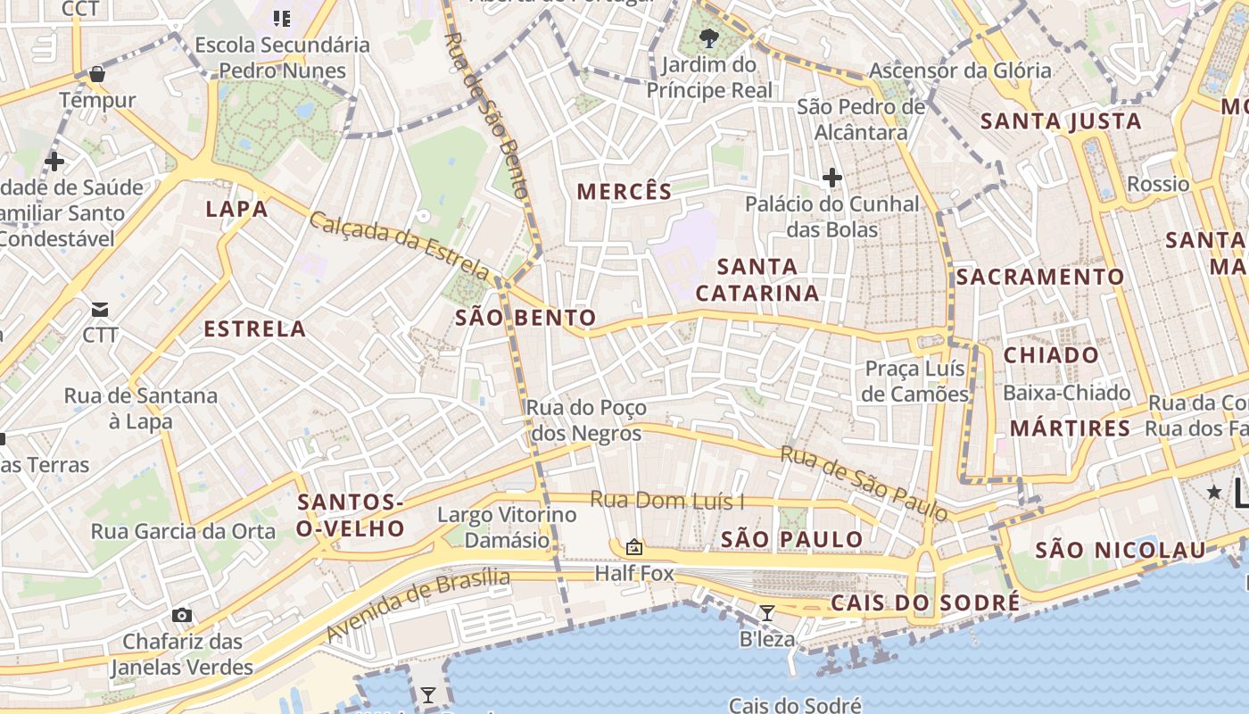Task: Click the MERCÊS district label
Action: [x=624, y=191]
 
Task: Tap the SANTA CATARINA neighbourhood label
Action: [x=757, y=279]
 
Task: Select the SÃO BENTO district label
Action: [x=525, y=318]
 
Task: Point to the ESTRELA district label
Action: [x=255, y=328]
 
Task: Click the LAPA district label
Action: [x=236, y=209]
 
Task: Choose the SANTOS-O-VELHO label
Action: [x=351, y=515]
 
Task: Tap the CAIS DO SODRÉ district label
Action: [x=925, y=602]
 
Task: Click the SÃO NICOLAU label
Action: [x=1120, y=550]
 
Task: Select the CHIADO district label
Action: [x=1051, y=355]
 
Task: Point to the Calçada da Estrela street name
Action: [x=399, y=244]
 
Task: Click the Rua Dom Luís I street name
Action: [x=667, y=501]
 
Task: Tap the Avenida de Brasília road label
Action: [x=418, y=603]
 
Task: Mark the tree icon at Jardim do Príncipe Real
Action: [x=709, y=37]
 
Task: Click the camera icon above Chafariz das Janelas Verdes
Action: [x=182, y=615]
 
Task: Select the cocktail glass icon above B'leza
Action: [x=766, y=612]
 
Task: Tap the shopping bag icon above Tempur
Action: [x=97, y=74]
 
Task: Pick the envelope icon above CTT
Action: [x=100, y=310]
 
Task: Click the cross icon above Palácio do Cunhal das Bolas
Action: [x=832, y=178]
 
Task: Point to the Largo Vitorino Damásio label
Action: [x=507, y=527]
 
